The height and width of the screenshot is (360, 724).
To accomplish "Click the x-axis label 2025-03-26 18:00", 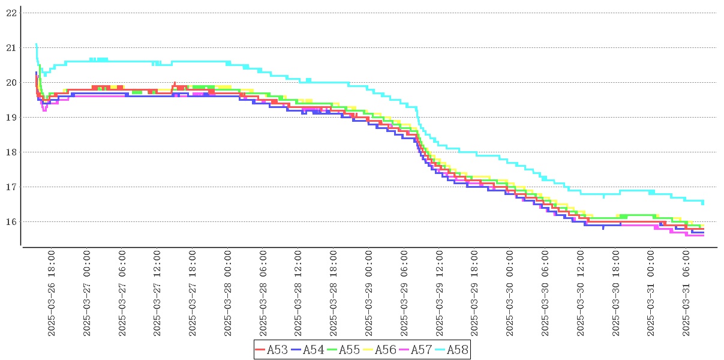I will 52,293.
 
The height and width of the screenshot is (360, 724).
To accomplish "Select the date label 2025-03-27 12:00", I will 158,293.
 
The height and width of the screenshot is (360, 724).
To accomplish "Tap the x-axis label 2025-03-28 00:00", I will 229,293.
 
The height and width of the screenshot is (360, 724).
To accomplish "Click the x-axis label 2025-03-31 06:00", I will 687,293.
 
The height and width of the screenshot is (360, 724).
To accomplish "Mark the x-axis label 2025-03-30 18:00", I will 616,293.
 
